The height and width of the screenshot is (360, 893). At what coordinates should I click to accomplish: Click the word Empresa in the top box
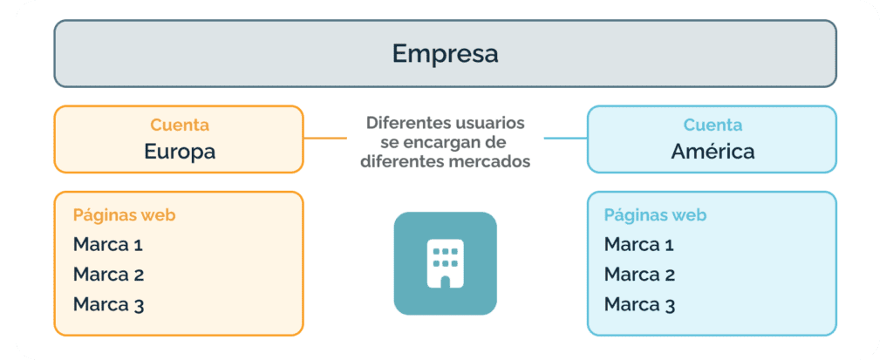point(445,54)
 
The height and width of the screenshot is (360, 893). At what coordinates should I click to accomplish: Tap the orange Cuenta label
point(180,125)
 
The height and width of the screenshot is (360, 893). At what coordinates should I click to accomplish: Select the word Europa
point(180,152)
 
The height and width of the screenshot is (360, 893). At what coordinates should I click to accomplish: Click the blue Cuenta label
point(712,125)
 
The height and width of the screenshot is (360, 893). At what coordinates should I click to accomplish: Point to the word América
point(712,152)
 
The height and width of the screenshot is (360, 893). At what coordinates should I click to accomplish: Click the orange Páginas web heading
point(124,215)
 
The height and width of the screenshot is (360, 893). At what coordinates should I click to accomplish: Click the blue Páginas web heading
point(656,215)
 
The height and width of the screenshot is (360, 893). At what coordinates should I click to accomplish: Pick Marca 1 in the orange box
point(107,245)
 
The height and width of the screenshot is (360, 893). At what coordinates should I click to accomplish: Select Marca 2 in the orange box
point(108,275)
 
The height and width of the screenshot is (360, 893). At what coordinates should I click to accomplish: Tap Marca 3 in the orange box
point(108,305)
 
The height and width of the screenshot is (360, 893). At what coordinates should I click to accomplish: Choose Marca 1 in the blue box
point(639,245)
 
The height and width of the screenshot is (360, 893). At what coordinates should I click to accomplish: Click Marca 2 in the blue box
point(639,275)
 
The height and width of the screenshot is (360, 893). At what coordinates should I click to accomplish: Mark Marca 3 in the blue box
point(639,305)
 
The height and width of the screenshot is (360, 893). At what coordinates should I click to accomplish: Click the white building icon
point(446,263)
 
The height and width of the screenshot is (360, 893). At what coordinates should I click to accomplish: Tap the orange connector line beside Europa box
point(324,138)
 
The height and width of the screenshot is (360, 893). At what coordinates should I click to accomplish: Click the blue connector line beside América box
point(565,138)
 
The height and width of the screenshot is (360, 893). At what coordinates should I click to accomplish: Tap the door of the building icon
point(446,282)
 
